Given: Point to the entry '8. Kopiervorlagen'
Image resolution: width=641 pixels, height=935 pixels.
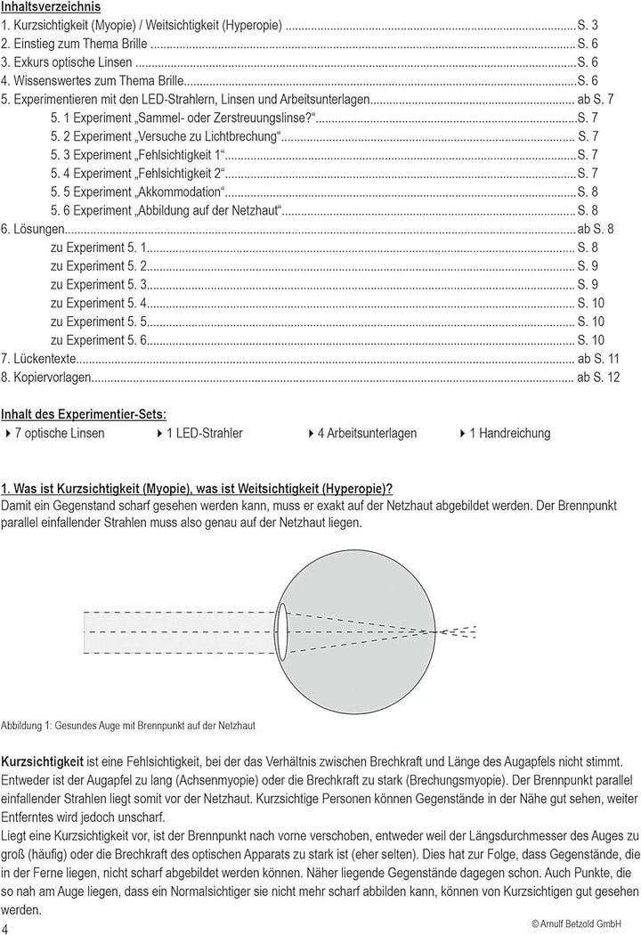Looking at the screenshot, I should pyautogui.click(x=47, y=378).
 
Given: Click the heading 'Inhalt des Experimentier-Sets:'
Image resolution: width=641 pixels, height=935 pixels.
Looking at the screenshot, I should pyautogui.click(x=83, y=414).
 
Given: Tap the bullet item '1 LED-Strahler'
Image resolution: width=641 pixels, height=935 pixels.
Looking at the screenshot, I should pyautogui.click(x=204, y=434).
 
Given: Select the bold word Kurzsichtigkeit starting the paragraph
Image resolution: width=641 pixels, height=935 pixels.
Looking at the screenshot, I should pyautogui.click(x=42, y=764).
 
